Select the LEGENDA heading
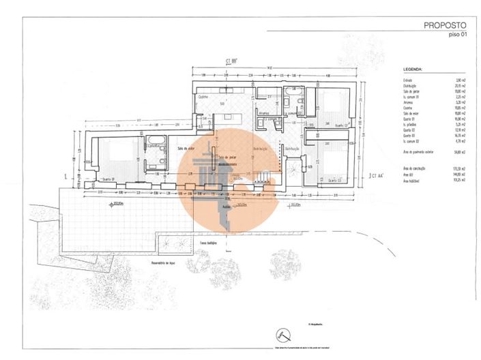(x=414, y=69)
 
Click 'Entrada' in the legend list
(x=407, y=80)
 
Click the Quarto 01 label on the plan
(x=108, y=179)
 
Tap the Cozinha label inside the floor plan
(x=203, y=97)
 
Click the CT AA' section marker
(x=376, y=175)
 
